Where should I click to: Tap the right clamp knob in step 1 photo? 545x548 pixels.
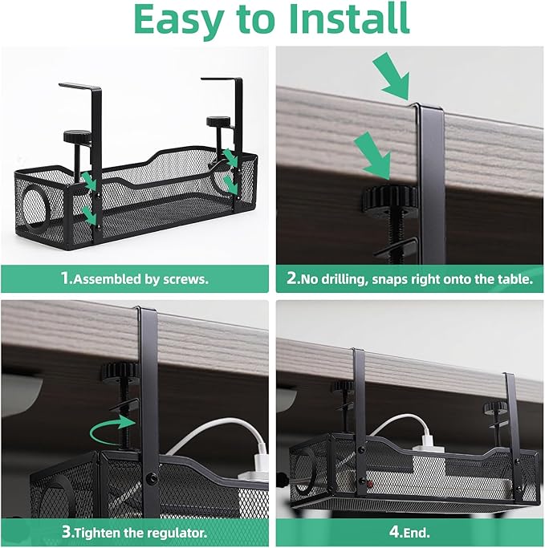pyautogui.click(x=217, y=122)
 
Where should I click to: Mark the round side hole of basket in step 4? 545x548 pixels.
pyautogui.click(x=304, y=469)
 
